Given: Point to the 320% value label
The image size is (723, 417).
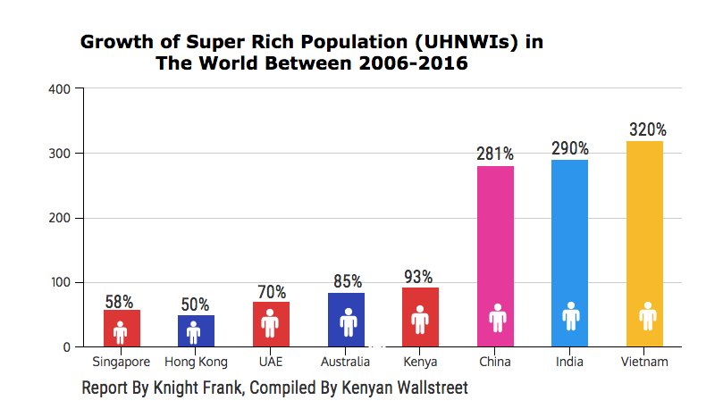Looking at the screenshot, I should pos(647,129).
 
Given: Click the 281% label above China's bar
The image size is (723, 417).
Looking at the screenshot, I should pos(495,154).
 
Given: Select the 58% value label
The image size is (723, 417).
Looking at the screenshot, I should pos(120,302).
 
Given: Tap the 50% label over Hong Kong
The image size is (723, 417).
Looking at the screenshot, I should pos(195,305).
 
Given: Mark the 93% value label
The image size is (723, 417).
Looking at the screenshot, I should pos(418,277).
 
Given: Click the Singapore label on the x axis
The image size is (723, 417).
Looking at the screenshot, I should pos(121,363).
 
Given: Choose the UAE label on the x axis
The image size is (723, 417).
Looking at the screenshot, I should pos(270,363).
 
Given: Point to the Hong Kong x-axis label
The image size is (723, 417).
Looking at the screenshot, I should pos(196,363).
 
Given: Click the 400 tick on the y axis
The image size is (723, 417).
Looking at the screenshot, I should pos(61,89).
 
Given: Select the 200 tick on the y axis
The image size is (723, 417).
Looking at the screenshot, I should pos(61,218).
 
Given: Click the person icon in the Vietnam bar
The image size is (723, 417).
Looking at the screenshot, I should pos(647,316).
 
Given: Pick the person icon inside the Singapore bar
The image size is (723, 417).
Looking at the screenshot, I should pos(121,332).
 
